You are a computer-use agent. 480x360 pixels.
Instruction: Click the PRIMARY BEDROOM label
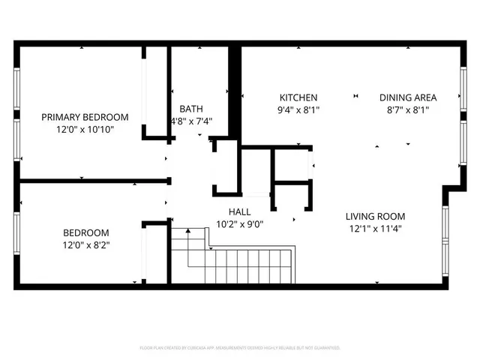[x=84, y=117]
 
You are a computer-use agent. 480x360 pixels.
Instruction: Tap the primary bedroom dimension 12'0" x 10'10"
[x=84, y=129]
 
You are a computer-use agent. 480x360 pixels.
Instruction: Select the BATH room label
[x=190, y=109]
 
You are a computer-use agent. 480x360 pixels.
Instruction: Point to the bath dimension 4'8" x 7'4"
[x=190, y=121]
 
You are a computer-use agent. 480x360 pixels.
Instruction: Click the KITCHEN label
[x=298, y=97]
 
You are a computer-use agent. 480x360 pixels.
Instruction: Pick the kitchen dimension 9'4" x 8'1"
[x=298, y=109]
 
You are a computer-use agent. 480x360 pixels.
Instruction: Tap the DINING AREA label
[x=408, y=97]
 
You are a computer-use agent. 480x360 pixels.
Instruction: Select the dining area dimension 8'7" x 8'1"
[x=408, y=109]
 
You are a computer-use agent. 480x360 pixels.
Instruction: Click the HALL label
[x=240, y=211]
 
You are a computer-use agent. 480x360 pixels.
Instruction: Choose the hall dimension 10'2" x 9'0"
[x=240, y=223]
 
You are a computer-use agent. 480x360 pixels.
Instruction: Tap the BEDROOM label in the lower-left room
[x=85, y=232]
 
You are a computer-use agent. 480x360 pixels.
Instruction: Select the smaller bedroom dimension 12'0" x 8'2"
[x=85, y=244]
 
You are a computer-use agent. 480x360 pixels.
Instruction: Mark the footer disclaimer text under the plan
[x=240, y=348]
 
